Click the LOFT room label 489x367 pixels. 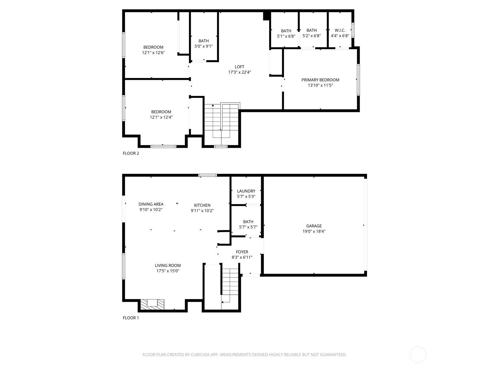pyautogui.click(x=239, y=67)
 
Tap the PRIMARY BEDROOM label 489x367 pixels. pyautogui.click(x=320, y=80)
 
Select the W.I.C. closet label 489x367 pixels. pyautogui.click(x=340, y=30)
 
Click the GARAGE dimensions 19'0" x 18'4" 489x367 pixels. pyautogui.click(x=314, y=232)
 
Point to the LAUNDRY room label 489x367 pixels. pyautogui.click(x=246, y=191)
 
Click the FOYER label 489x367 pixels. pyautogui.click(x=242, y=252)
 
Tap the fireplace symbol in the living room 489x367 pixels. pyautogui.click(x=152, y=304)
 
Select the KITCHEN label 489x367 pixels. pyautogui.click(x=202, y=205)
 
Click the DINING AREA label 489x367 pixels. pyautogui.click(x=151, y=204)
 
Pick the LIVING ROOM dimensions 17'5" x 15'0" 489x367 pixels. pyautogui.click(x=167, y=271)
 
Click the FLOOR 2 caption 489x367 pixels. pyautogui.click(x=131, y=153)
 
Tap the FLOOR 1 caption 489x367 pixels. pyautogui.click(x=131, y=318)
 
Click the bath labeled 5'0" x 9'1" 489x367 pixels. pyautogui.click(x=204, y=43)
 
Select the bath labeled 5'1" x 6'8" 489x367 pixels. pyautogui.click(x=286, y=33)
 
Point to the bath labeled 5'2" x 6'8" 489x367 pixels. pyautogui.click(x=311, y=33)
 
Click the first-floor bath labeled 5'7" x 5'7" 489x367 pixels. pyautogui.click(x=248, y=224)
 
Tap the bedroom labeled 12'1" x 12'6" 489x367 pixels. pyautogui.click(x=153, y=50)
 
